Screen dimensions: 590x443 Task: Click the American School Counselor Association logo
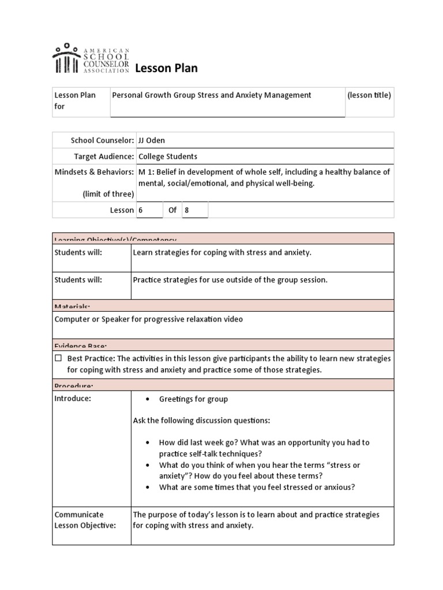tap(91, 58)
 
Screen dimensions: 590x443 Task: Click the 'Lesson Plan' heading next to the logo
tap(166, 69)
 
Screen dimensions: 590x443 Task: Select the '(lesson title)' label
tap(369, 95)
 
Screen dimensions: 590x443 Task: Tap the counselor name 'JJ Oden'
tap(152, 140)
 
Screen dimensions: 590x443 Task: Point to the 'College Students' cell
tap(168, 156)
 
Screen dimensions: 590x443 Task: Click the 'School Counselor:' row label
tap(102, 140)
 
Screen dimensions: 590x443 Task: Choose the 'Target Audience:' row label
tap(104, 156)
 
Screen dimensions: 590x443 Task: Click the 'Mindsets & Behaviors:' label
tap(94, 172)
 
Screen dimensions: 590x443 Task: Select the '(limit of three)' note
tap(108, 194)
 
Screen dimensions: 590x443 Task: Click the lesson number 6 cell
tap(149, 210)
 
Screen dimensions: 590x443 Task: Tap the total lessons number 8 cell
tap(195, 210)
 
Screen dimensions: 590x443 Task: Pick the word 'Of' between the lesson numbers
tap(172, 210)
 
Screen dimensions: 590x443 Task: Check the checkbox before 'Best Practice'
tap(58, 358)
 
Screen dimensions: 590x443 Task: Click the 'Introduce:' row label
tap(73, 399)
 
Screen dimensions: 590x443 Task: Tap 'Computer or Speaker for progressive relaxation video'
tap(148, 319)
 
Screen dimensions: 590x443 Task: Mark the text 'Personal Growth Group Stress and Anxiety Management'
tap(211, 95)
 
